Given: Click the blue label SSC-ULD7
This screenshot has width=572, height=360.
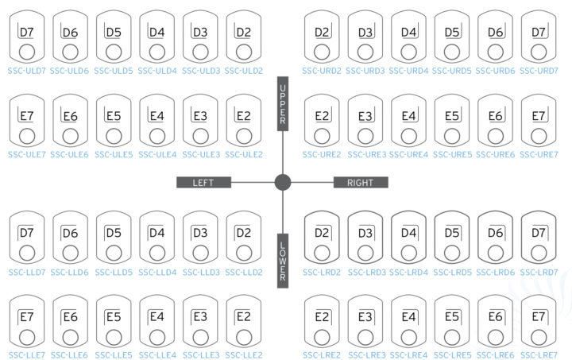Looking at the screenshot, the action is coord(27,71).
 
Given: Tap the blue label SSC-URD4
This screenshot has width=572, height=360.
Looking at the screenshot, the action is coord(408,71).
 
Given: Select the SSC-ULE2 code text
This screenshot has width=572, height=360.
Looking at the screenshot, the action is coord(244,155).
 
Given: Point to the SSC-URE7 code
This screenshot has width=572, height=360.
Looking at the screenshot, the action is coord(539,155).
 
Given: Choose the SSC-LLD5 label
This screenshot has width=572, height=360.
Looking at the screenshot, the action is coord(114,273).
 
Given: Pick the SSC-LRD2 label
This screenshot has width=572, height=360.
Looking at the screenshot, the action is coord(322,273).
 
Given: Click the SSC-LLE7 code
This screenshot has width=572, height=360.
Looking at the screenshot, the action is coord(27,355).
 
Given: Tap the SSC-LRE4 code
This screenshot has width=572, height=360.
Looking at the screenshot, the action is coord(408,355).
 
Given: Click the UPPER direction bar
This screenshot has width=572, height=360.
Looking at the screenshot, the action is coord(283,103).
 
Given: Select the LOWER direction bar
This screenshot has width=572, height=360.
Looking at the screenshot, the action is coord(283,261).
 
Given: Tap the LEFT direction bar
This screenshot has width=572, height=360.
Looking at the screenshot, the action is coord(203,182).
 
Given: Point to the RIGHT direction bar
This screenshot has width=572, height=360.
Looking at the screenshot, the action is coord(361,182).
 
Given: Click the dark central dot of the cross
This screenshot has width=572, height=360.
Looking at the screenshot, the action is coord(283,182).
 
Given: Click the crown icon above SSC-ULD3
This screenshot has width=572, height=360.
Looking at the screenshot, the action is coord(200,37).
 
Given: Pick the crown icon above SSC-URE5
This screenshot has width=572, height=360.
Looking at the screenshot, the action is coord(452,121).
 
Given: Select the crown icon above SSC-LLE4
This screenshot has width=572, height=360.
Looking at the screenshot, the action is coord(157,322).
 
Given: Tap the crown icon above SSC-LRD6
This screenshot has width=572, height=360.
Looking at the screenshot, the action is coord(496,238).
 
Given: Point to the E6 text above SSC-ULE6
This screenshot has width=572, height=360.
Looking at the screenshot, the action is coord(70,116).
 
